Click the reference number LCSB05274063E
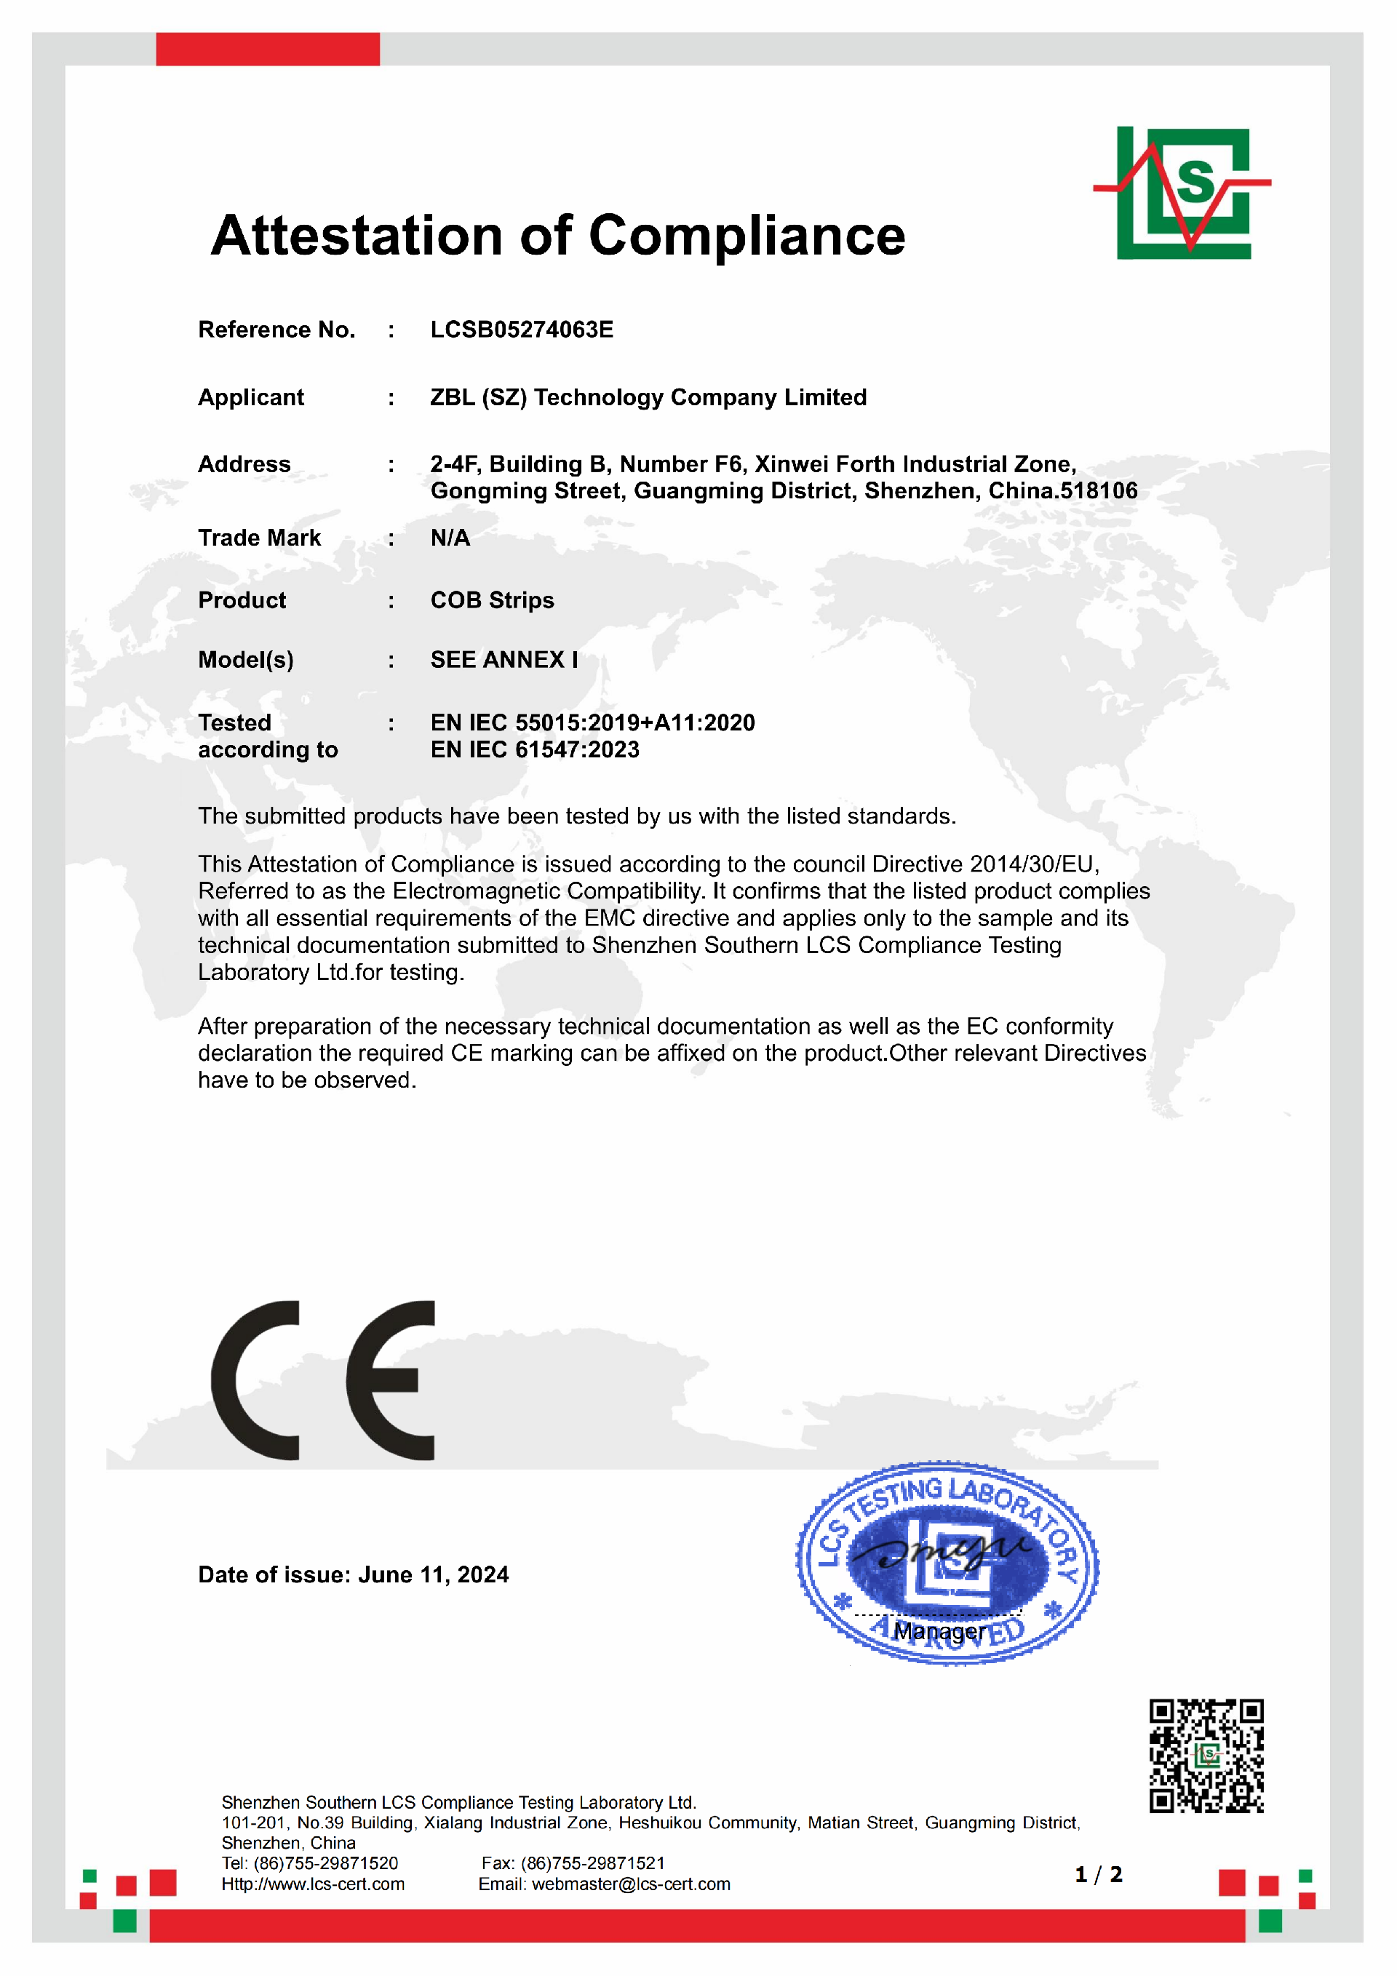pos(522,330)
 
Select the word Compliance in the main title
pos(747,236)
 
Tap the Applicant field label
pos(250,398)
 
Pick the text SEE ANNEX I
pos(504,660)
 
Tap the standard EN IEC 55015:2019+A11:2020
pos(592,723)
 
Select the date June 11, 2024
pos(433,1575)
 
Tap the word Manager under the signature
pos(939,1631)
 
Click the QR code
pos(1206,1756)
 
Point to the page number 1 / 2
pos(1099,1874)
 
